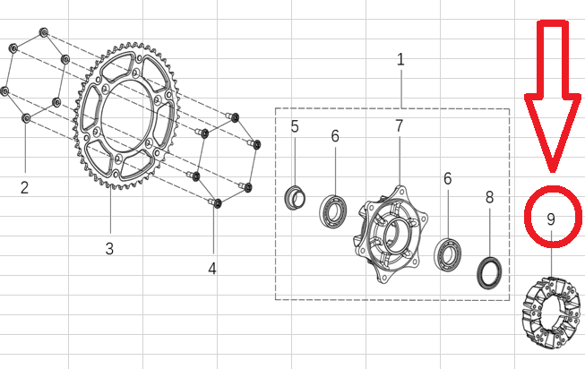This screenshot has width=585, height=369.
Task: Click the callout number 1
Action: coord(400,60)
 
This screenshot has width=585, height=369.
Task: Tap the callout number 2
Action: coord(24,187)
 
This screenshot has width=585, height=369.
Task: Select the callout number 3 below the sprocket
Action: coord(109,248)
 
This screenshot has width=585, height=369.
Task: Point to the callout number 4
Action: coord(212,269)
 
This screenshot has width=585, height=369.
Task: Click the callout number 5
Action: coord(295,127)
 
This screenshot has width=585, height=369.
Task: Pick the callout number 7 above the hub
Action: coord(400,125)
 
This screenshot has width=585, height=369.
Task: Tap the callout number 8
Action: coord(489,197)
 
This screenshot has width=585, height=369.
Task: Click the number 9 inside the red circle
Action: coord(551,219)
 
